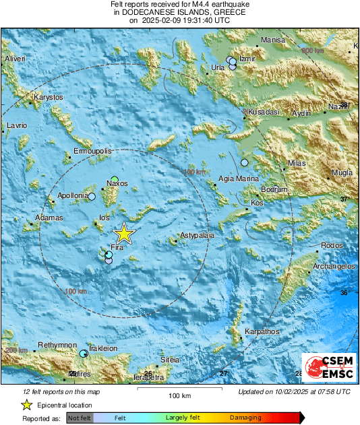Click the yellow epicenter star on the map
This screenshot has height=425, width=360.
(123, 233)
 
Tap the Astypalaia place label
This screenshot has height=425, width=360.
(197, 236)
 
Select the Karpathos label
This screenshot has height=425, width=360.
(262, 332)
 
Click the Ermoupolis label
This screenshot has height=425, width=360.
(92, 152)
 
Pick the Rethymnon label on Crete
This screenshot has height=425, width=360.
(57, 345)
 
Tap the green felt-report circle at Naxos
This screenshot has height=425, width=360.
(115, 180)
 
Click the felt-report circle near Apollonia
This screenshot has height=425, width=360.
(92, 197)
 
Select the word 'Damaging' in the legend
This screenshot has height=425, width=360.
(246, 418)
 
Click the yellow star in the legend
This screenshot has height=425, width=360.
(26, 405)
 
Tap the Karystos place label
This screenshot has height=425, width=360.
(48, 98)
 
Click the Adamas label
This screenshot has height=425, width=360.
(49, 218)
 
